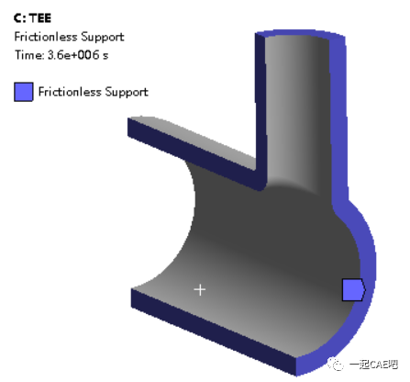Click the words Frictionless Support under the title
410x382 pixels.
[69, 37]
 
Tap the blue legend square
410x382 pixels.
[24, 91]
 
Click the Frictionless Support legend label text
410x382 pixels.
[93, 92]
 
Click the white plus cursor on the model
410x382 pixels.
[200, 289]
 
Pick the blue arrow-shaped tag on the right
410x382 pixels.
[353, 290]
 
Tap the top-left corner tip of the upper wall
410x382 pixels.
[130, 120]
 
